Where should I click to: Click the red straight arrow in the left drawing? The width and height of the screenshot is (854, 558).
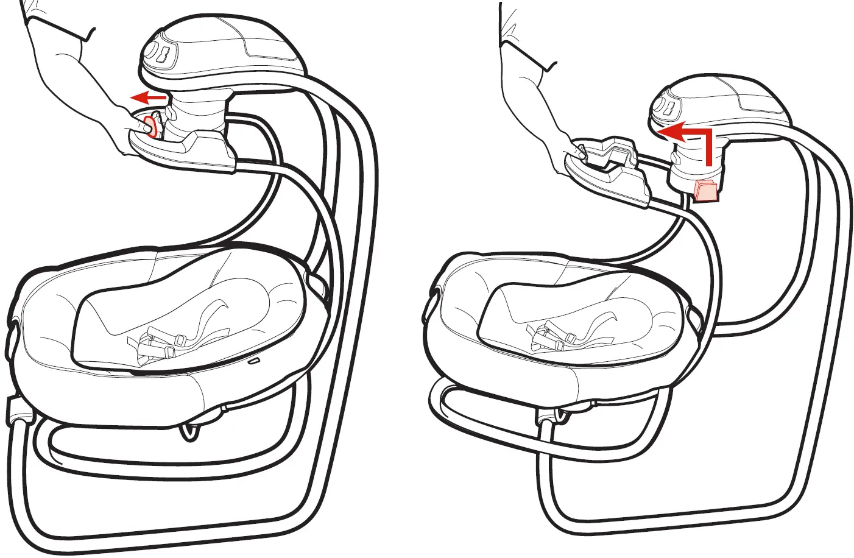coord(149,96)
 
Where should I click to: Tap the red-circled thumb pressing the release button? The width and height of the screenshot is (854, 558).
coord(148,126)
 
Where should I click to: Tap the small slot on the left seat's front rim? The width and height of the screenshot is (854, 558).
coord(253,361)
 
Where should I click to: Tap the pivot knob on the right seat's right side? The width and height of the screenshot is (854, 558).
coord(695,317)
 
